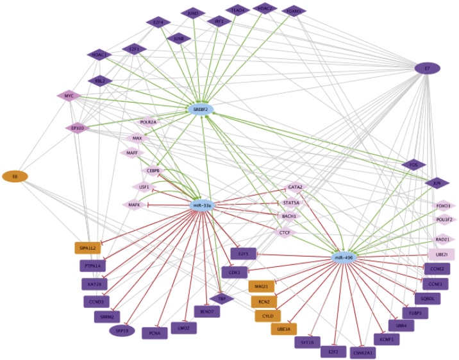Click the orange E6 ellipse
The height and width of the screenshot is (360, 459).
[x=15, y=176]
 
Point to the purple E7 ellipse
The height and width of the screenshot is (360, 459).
[x=427, y=67]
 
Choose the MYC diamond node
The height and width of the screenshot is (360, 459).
[x=69, y=96]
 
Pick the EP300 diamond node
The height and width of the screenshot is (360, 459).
[x=78, y=128]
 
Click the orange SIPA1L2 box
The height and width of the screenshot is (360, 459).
[x=88, y=247]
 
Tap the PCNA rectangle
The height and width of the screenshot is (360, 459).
[x=154, y=332]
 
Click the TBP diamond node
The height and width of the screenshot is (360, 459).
[x=222, y=299]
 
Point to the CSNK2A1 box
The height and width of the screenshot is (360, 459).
[x=363, y=352]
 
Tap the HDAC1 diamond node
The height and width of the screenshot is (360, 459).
[x=99, y=55]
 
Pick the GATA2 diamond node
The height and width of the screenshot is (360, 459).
[x=296, y=187]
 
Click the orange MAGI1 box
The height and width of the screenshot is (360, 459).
[x=260, y=286]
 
